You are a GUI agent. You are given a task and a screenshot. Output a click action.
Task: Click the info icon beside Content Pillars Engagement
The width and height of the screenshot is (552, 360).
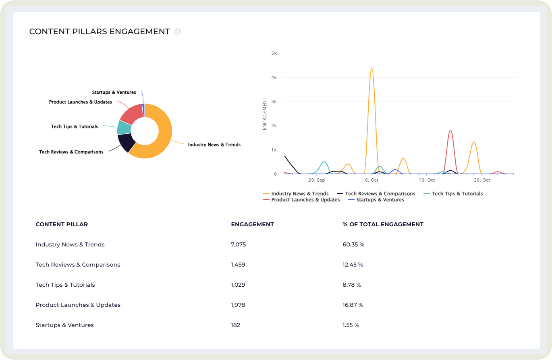[178, 31]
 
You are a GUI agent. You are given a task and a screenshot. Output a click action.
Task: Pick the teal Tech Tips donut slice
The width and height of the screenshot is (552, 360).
[124, 127]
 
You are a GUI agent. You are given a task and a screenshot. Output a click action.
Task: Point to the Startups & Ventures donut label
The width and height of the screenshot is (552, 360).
[114, 93]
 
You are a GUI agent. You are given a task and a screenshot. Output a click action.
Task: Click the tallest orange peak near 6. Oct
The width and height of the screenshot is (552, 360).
[371, 68]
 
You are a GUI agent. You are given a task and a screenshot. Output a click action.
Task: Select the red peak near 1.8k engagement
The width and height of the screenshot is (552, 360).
[450, 130]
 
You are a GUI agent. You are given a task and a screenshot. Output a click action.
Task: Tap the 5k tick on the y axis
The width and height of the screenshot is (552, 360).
[274, 53]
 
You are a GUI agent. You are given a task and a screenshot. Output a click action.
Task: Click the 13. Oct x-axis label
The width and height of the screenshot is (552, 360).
[427, 180]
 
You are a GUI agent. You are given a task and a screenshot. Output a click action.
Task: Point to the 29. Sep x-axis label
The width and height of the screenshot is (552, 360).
[316, 180]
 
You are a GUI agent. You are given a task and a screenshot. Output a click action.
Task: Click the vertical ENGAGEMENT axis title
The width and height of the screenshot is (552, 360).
[265, 114]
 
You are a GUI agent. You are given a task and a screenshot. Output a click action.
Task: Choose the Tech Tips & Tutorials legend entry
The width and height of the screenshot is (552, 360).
[457, 194]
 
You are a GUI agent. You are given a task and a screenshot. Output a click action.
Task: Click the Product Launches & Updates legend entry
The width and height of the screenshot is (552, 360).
[305, 200]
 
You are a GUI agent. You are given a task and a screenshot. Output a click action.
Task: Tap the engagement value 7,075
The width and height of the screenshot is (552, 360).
[238, 244]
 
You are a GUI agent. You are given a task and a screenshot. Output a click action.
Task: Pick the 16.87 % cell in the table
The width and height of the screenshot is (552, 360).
[353, 305]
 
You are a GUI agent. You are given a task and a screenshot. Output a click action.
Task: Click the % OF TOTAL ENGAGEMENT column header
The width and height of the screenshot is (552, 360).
[383, 224]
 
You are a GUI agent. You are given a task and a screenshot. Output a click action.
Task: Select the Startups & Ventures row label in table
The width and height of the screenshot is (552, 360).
[64, 325]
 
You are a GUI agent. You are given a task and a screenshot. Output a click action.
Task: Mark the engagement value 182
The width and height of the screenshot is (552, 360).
[235, 325]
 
